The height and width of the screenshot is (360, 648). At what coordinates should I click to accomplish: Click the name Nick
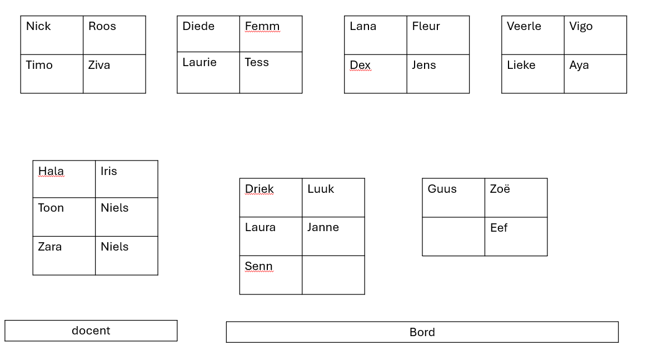tap(38, 26)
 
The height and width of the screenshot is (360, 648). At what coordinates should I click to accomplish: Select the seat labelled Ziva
tap(114, 74)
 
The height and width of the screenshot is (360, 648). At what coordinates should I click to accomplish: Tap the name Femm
tap(262, 26)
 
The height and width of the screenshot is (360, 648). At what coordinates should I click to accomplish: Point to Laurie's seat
tap(208, 73)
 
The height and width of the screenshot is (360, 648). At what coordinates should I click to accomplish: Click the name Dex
tap(360, 65)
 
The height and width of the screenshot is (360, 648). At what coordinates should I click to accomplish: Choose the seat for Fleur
tap(438, 35)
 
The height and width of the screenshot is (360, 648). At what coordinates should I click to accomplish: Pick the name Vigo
tap(581, 27)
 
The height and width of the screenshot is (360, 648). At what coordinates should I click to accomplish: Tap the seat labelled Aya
tap(596, 74)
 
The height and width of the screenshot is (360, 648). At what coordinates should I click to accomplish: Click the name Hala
tap(51, 171)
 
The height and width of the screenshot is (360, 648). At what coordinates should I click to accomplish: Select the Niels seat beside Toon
tap(127, 217)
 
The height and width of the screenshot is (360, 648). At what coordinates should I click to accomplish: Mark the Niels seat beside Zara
tap(127, 256)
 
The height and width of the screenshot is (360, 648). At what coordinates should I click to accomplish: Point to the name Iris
tap(109, 171)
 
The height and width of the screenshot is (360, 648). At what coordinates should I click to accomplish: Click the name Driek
tap(259, 189)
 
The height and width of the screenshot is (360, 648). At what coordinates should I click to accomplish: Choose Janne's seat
tap(333, 237)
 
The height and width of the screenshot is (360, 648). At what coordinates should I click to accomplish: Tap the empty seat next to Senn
tap(333, 275)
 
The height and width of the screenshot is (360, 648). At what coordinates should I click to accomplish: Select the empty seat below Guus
tap(453, 237)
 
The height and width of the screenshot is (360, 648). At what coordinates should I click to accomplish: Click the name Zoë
tap(500, 189)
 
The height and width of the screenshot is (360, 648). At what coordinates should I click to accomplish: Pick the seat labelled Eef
tap(516, 237)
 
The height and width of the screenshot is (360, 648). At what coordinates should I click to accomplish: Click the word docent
tap(91, 331)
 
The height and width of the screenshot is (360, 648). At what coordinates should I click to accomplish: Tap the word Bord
tap(422, 332)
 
